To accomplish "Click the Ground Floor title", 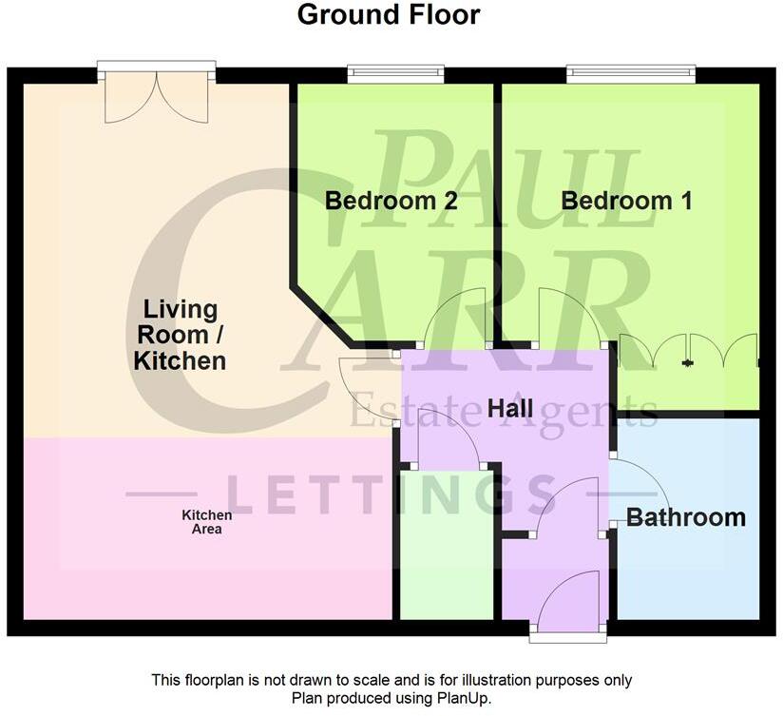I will click(389, 15).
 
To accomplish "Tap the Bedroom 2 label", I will click(391, 201).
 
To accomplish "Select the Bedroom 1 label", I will click(626, 201).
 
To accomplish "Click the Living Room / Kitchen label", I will click(180, 335).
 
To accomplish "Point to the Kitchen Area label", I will click(206, 522).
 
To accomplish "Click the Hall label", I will click(509, 408).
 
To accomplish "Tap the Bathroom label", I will click(685, 518).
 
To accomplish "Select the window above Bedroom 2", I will click(395, 71).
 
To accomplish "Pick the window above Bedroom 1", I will click(631, 71).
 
